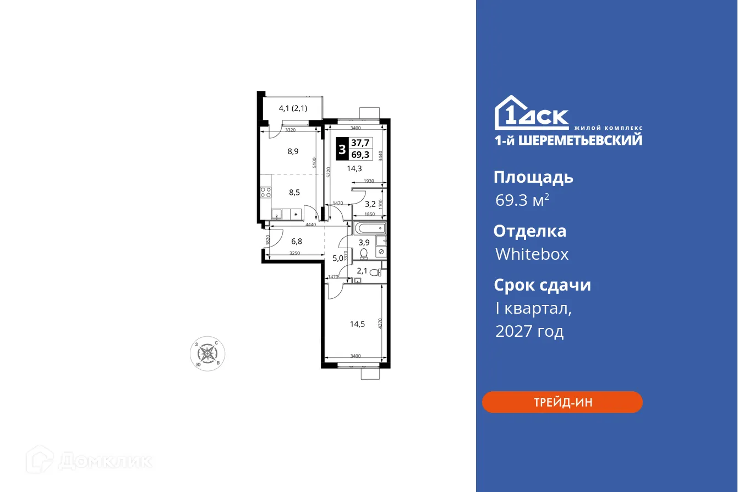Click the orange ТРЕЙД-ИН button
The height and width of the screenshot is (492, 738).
[562, 402]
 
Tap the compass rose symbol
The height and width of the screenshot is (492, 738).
[207, 353]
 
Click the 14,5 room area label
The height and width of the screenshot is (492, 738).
[357, 324]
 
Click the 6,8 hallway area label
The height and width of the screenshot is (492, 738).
[297, 241]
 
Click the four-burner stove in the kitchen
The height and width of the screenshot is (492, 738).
[265, 193]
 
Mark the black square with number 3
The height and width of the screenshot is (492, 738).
[342, 149]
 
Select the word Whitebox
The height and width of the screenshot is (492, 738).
[532, 254]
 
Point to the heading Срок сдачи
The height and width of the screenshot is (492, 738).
[542, 285]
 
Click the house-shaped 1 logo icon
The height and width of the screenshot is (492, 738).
[507, 113]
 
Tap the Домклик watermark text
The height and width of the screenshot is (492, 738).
[105, 460]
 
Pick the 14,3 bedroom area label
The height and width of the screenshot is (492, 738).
[354, 168]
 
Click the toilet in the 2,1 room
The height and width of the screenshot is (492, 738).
[375, 272]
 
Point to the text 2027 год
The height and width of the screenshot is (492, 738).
[529, 332]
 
